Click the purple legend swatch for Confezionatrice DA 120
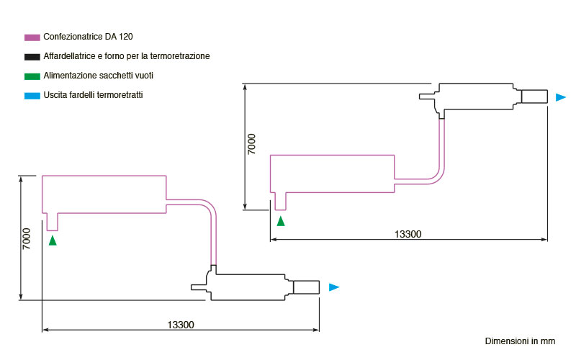(x=32, y=37)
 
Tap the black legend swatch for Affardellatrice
(x=32, y=57)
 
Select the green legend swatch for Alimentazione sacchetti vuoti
(x=32, y=76)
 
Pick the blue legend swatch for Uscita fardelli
(x=32, y=96)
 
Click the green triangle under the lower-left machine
(x=53, y=240)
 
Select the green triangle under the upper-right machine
(x=281, y=221)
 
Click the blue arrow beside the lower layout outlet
(x=334, y=287)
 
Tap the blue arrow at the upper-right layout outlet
(x=561, y=97)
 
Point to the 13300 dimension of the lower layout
(x=181, y=325)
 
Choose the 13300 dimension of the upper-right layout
(x=408, y=235)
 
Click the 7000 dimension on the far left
(x=27, y=239)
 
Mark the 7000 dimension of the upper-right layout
(x=251, y=144)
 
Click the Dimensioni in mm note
(x=520, y=341)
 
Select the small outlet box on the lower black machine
(x=307, y=287)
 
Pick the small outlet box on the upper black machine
(x=534, y=96)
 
